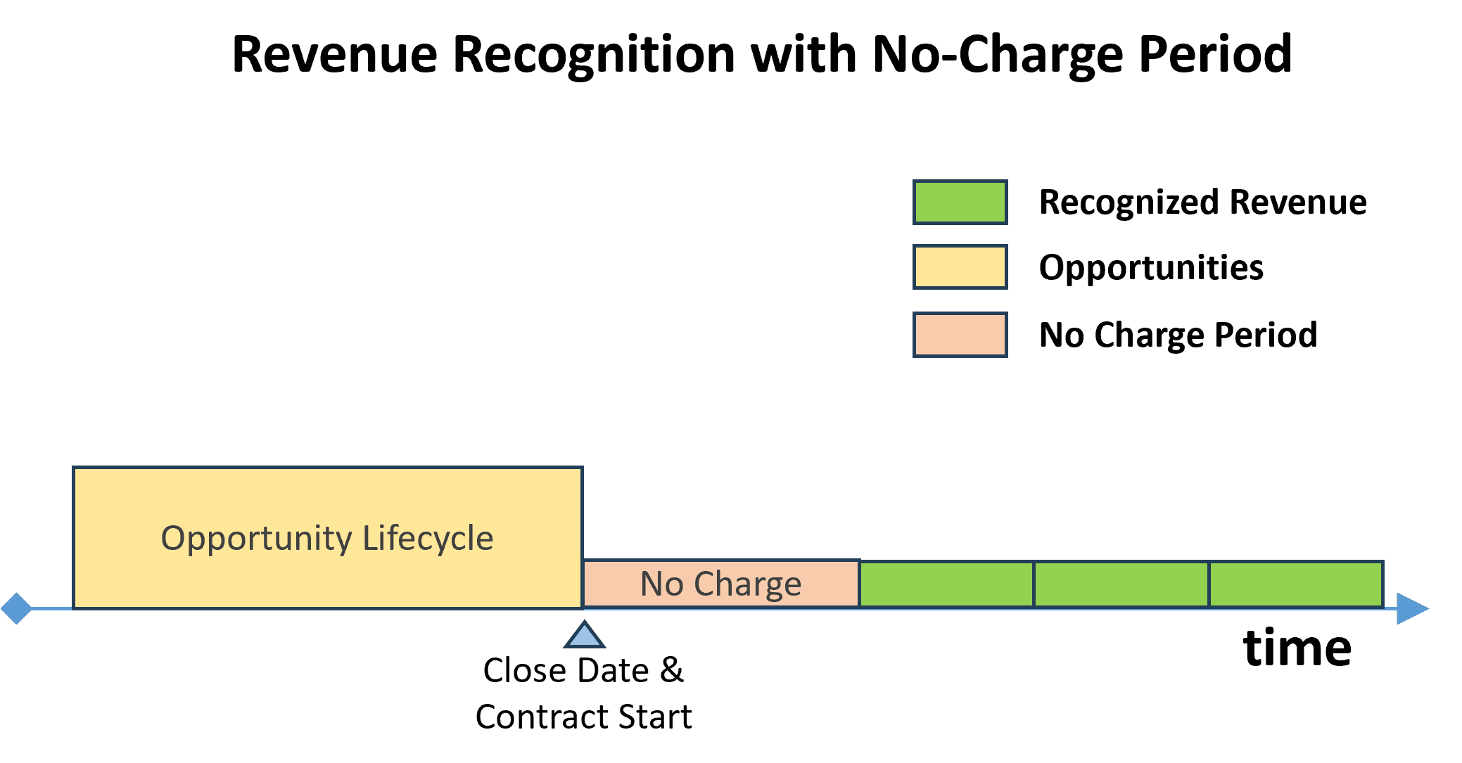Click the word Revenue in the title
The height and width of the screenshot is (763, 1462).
[x=333, y=54]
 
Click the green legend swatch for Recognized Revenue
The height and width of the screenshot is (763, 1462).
[x=960, y=203]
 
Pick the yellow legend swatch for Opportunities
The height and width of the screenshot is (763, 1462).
[x=960, y=267]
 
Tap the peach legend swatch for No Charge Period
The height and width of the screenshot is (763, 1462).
[x=960, y=335]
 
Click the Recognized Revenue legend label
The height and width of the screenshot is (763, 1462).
[x=1202, y=203]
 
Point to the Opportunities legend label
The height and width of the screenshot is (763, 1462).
[x=1151, y=268]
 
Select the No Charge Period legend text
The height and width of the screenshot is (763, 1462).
[x=1178, y=335]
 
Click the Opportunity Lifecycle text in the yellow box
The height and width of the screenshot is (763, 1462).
[x=327, y=539]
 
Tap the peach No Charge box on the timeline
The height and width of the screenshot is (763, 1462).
[x=720, y=584]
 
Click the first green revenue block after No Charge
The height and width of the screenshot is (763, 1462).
[x=946, y=584]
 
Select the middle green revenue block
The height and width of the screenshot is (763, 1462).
[x=1121, y=584]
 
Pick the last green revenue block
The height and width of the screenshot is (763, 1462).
[x=1296, y=584]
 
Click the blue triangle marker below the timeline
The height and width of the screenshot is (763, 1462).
[x=584, y=636]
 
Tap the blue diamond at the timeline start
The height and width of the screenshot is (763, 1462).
[x=16, y=608]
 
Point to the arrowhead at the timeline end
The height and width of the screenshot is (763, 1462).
[x=1411, y=609]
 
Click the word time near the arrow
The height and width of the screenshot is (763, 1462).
[x=1297, y=648]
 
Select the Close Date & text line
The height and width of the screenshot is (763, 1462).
[x=583, y=670]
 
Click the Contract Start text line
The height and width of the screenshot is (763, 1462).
[x=583, y=717]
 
